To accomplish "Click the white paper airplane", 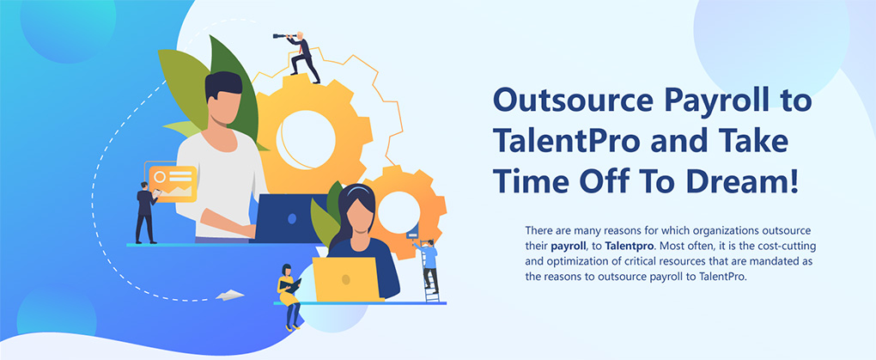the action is coord(229,295).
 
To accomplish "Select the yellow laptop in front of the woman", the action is coord(344,279).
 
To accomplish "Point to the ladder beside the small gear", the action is coord(431,274).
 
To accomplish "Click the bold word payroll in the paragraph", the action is coord(569,246).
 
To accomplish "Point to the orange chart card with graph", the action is coord(173,183).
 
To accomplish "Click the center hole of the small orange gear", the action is coord(398,212).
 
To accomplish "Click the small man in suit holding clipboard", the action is coord(146,212).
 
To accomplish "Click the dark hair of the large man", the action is coord(223,86).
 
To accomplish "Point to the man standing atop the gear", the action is coord(301,57).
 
